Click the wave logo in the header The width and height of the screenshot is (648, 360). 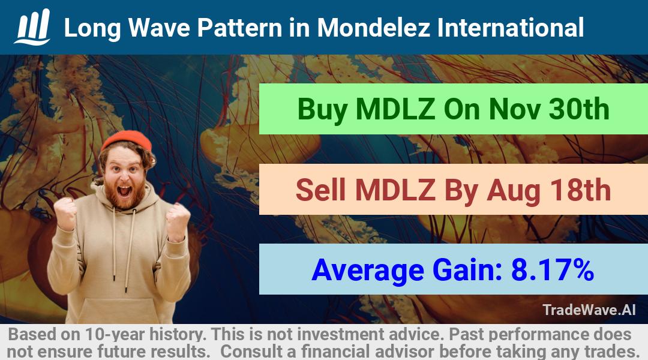point(32,27)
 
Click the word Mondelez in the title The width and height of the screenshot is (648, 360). point(374,28)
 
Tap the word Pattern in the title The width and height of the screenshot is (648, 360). point(239,28)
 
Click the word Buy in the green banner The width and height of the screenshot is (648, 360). point(322,110)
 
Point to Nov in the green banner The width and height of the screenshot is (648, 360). point(514,109)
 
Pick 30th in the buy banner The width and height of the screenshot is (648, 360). point(578,109)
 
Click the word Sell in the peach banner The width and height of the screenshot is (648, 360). point(320,190)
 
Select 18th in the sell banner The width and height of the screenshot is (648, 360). point(580,190)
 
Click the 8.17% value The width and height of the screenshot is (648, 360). point(553,270)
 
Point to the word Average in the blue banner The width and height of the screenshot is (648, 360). point(368,271)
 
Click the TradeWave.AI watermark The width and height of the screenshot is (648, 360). point(589,310)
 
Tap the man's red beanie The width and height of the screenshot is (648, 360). point(127,140)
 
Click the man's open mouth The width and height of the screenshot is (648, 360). point(124,191)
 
